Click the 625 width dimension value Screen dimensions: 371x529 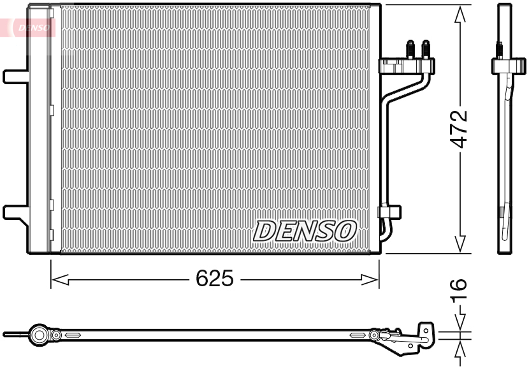(215, 279)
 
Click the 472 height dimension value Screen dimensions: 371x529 (458, 130)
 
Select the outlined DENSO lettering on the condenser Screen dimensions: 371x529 (305, 230)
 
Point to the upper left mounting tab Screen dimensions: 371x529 (14, 76)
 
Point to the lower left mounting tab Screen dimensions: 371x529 (14, 211)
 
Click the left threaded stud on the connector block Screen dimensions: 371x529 (410, 48)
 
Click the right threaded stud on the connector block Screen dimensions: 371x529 (425, 48)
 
